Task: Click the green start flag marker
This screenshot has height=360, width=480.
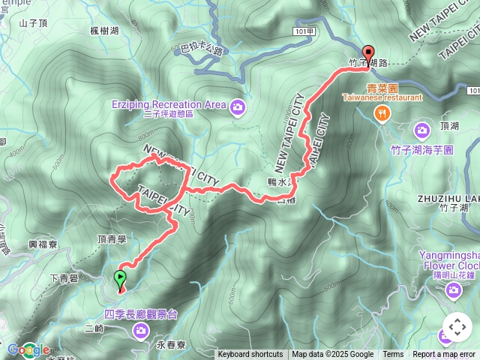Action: click(x=120, y=280)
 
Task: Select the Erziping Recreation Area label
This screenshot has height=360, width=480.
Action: click(x=169, y=103)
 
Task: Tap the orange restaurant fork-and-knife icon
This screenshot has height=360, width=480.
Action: click(x=382, y=113)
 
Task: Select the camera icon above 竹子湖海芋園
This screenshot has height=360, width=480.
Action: click(x=421, y=130)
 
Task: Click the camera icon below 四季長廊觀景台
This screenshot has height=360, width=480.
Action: click(x=140, y=331)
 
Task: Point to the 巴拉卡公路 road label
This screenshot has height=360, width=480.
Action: click(x=202, y=50)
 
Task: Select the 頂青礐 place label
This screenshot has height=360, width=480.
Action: click(x=111, y=237)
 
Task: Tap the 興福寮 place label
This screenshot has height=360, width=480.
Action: click(x=43, y=244)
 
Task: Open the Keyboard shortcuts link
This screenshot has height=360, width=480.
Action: click(x=250, y=355)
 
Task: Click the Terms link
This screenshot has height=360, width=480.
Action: click(x=393, y=355)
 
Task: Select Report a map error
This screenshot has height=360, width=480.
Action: click(x=444, y=355)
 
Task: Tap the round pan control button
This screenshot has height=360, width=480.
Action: click(x=457, y=327)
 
